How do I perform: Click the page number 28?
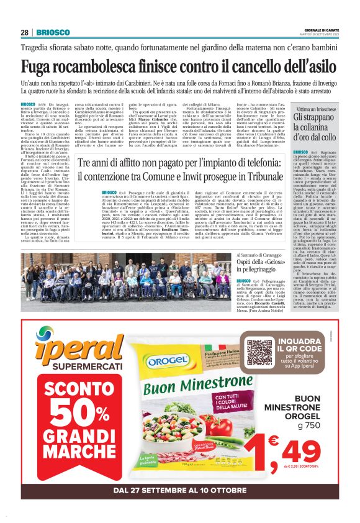click(24, 32)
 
